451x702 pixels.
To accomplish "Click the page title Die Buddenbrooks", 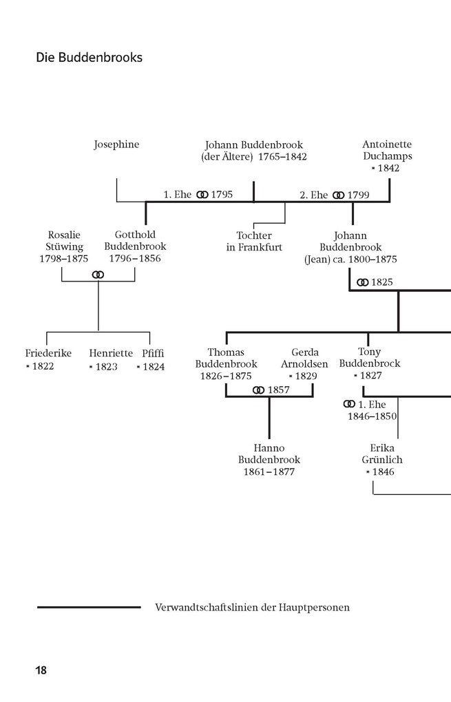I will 89,58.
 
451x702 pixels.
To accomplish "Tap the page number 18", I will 41,670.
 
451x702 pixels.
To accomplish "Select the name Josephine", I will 116,145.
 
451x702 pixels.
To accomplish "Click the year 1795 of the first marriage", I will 222,195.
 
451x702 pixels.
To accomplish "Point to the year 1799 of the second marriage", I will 358,195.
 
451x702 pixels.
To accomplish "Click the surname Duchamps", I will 387,156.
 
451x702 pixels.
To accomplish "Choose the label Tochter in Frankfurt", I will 254,242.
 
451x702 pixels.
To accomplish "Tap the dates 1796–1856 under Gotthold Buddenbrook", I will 135,258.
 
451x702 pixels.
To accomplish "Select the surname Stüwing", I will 65,246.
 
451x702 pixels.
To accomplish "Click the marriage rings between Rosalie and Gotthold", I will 98,275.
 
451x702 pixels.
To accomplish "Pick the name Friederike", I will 48,354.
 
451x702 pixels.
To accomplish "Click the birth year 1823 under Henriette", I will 106,367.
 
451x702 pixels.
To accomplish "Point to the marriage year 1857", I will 278,390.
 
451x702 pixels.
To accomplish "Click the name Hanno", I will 269,448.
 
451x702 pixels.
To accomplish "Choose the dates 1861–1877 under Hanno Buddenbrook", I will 269,472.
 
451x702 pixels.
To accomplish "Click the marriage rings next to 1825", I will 362,282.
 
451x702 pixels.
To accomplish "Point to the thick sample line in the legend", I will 89,607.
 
